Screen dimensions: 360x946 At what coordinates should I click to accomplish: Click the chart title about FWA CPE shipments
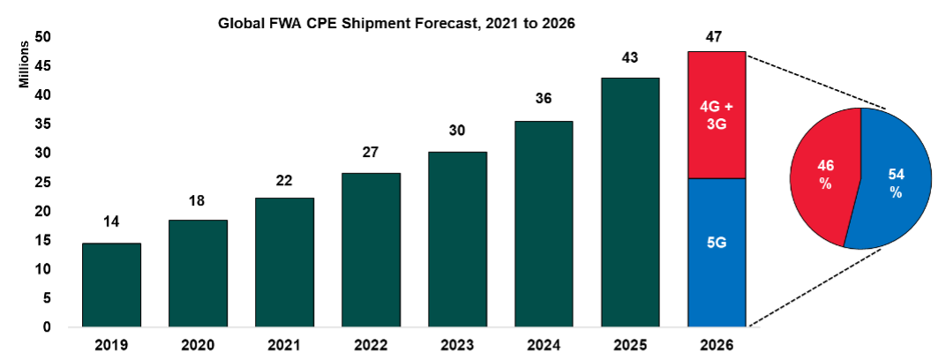coord(397,25)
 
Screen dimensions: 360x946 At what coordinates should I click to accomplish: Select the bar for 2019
coord(111,284)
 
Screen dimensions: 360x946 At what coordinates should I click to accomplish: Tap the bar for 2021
coord(284,262)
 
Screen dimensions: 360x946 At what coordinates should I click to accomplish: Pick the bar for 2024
coord(543,223)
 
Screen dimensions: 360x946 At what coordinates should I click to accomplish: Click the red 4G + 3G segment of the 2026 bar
coord(716,115)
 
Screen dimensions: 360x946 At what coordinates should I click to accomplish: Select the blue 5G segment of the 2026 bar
coord(716,252)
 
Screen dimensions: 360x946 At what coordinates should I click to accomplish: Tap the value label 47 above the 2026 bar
coord(716,37)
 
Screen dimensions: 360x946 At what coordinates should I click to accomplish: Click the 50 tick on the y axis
coord(42,36)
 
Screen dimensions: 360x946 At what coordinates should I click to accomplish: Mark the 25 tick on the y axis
coord(42,182)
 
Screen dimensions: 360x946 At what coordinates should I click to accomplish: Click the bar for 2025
coord(629,202)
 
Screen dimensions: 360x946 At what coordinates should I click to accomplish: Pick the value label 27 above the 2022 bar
coord(371,152)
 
